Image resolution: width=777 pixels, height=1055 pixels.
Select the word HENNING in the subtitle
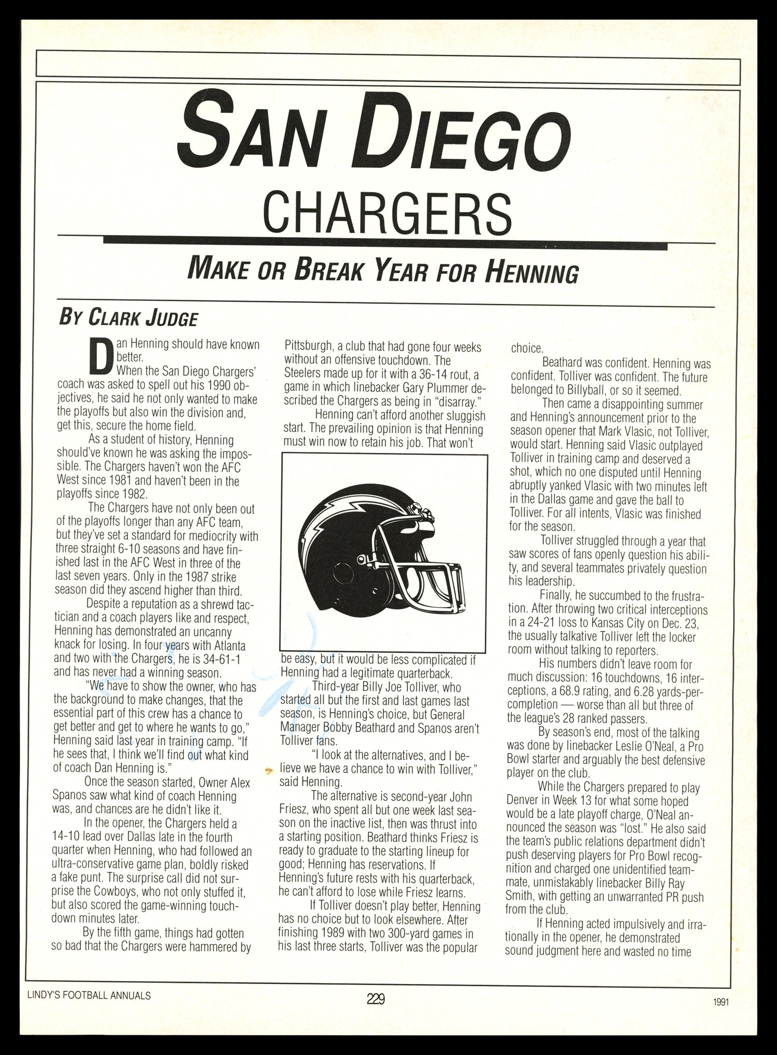[x=531, y=272]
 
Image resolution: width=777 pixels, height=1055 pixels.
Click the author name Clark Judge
[x=142, y=317]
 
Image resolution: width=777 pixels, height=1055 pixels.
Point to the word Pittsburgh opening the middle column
[x=309, y=347]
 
